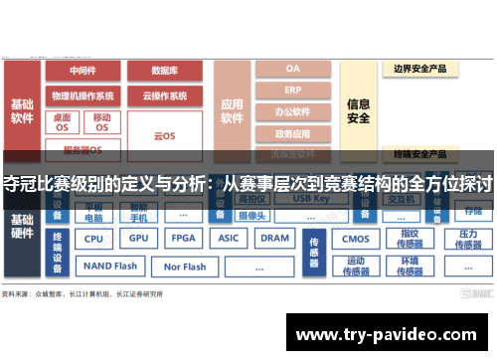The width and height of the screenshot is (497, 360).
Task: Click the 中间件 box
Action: click(x=83, y=72)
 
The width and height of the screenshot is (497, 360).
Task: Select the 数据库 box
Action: click(x=165, y=72)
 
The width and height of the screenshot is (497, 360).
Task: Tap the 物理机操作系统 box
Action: click(x=83, y=96)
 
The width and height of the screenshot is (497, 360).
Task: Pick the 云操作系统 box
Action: click(x=165, y=96)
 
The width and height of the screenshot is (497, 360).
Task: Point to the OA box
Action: click(x=292, y=70)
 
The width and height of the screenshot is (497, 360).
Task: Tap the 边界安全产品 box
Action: click(x=419, y=70)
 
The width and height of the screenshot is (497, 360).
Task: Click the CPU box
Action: click(x=93, y=239)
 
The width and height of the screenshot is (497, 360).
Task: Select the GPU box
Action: click(x=138, y=239)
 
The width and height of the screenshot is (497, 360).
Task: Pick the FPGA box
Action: click(x=183, y=239)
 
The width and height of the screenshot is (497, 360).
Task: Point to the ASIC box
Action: click(x=229, y=239)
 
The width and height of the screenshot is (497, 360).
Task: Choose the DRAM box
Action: click(x=274, y=239)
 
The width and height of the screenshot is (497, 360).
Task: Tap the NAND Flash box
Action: click(x=110, y=267)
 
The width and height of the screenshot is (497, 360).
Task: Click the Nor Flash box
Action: click(x=185, y=267)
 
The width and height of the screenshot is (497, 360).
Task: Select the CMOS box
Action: click(x=355, y=239)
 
